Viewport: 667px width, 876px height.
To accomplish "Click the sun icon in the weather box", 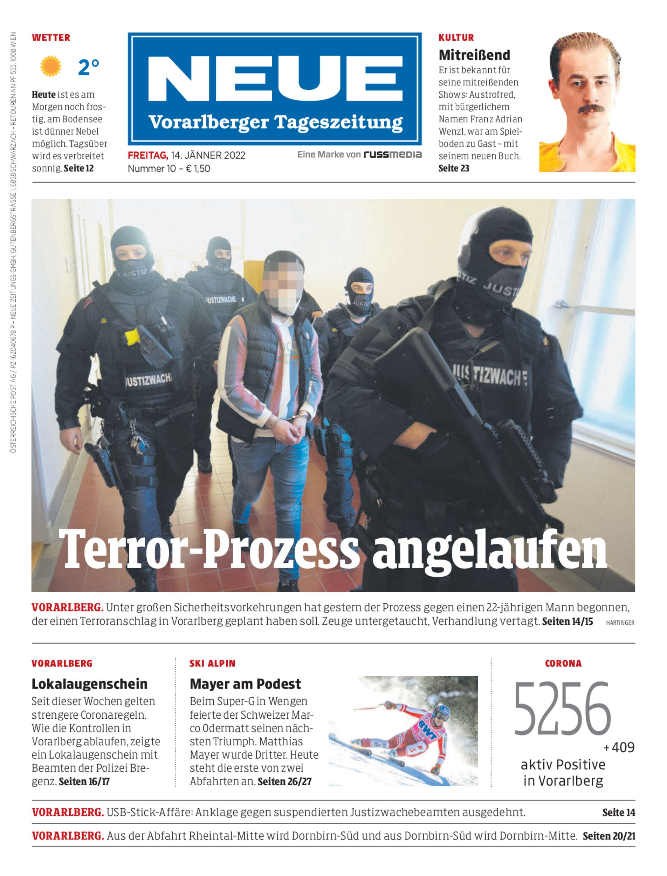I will [x=50, y=66].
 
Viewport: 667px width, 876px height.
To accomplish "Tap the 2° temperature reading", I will [x=88, y=67].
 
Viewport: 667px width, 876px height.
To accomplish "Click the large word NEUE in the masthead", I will [x=275, y=80].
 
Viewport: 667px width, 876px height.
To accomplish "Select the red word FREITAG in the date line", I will [x=148, y=155].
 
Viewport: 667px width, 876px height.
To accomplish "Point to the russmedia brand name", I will [x=392, y=155].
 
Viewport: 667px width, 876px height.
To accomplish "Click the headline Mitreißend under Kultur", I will [x=474, y=55].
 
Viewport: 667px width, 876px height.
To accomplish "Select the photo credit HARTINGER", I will [x=620, y=623].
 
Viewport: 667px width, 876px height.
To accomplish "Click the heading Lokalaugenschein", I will [x=89, y=684].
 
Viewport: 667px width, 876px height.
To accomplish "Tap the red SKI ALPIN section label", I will [x=212, y=664].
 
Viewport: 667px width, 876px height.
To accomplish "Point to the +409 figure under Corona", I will [x=619, y=747].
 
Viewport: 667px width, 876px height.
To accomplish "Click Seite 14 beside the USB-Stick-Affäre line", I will [x=618, y=813].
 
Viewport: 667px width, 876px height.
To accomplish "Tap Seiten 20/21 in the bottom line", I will [x=608, y=836].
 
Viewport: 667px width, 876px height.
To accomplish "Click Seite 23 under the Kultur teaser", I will [x=453, y=169].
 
